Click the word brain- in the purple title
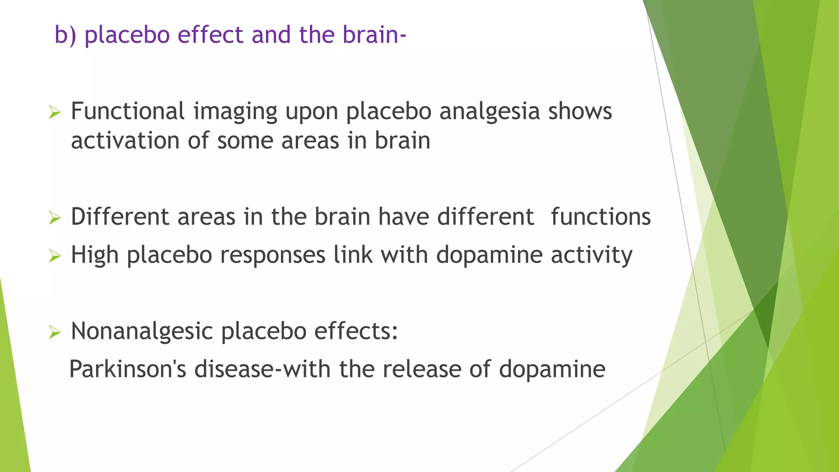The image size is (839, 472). (x=374, y=35)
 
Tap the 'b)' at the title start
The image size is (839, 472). (x=66, y=35)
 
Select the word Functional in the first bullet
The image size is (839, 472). (x=128, y=111)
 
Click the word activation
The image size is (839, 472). (x=125, y=141)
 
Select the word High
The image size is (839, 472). (x=95, y=255)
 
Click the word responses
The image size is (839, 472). (x=272, y=255)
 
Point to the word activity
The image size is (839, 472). (x=591, y=255)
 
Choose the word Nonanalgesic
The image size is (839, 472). (x=142, y=331)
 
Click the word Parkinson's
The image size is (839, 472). (x=127, y=369)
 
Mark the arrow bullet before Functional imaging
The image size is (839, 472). (x=54, y=112)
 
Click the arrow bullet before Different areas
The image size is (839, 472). (x=54, y=218)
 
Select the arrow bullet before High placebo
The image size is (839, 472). (x=54, y=256)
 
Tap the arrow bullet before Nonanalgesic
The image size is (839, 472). (x=54, y=332)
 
